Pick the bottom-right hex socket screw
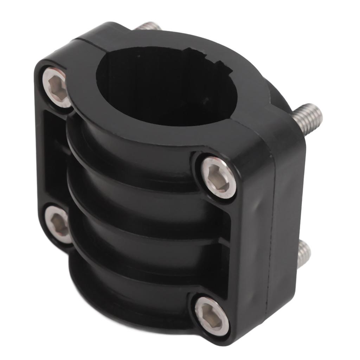212,315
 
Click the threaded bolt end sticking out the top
148,27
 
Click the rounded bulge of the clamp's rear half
278,95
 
